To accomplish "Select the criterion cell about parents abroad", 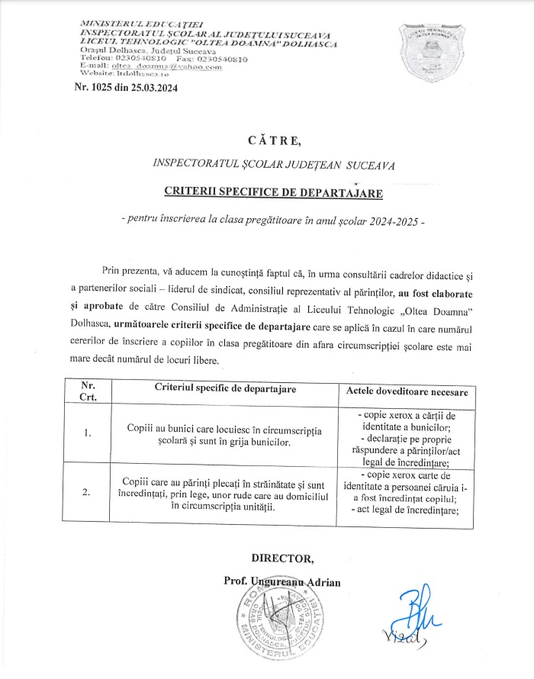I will (x=226, y=492).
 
